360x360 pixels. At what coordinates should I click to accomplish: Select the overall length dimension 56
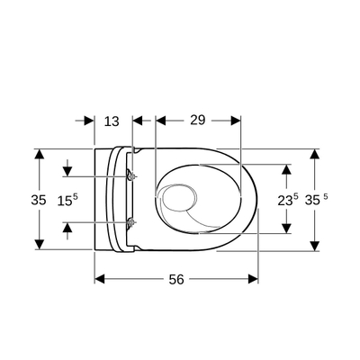(x=176, y=280)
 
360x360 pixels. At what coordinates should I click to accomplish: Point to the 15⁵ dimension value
(x=67, y=201)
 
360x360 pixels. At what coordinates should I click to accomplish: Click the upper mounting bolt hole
(x=132, y=175)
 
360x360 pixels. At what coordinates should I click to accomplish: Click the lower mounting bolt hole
(x=132, y=221)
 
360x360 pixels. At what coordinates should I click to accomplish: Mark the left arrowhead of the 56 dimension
(x=99, y=279)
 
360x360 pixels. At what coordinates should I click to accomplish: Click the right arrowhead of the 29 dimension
(x=236, y=120)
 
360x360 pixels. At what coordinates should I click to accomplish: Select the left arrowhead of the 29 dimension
(x=160, y=120)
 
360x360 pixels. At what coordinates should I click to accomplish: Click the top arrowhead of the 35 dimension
(x=39, y=154)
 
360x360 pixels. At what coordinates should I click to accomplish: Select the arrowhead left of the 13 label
(x=90, y=120)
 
